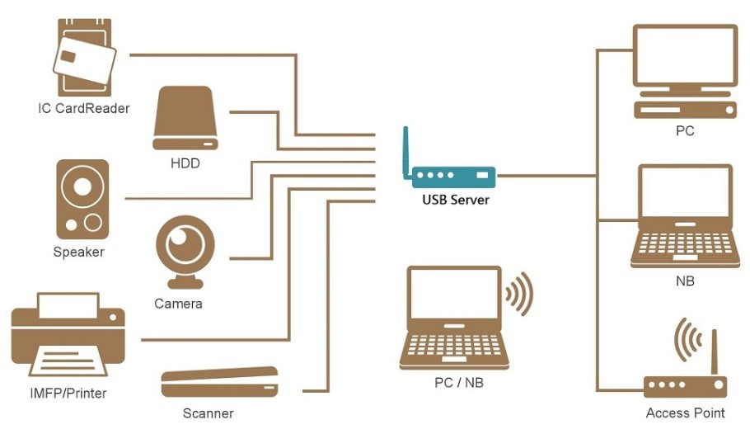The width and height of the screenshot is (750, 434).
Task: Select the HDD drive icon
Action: pyautogui.click(x=185, y=119)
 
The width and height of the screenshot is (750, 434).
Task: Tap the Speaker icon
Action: pyautogui.click(x=82, y=199)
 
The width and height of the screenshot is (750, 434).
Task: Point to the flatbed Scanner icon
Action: pyautogui.click(x=219, y=383)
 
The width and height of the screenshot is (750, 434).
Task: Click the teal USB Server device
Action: pyautogui.click(x=452, y=175)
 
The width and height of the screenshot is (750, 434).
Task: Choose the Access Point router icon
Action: pyautogui.click(x=685, y=386)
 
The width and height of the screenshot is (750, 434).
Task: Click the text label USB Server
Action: pyautogui.click(x=456, y=200)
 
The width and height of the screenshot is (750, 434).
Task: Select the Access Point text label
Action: pyautogui.click(x=685, y=413)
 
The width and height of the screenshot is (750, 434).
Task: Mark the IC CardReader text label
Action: pyautogui.click(x=84, y=108)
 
